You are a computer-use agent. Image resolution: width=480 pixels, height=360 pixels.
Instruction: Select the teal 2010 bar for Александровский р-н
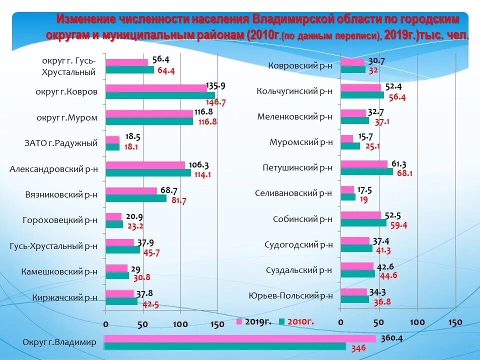click(x=148, y=172)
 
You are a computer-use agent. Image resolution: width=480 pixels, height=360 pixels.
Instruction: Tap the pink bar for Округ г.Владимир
click(x=240, y=338)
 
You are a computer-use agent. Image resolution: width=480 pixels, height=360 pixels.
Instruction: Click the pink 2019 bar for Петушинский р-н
click(x=364, y=164)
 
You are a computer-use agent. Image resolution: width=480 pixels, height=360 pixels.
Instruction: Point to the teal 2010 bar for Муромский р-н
click(x=350, y=146)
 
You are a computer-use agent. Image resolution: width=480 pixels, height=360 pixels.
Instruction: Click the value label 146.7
click(x=217, y=102)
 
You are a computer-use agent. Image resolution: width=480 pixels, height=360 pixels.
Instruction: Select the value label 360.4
click(x=391, y=337)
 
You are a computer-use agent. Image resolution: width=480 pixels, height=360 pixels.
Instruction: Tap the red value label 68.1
click(x=405, y=173)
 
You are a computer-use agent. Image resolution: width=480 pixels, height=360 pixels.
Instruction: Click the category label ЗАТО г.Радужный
click(x=60, y=143)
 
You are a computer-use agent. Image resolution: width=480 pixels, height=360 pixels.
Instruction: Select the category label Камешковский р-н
click(x=59, y=271)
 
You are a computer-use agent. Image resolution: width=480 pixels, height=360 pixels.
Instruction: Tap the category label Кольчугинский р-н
click(x=294, y=91)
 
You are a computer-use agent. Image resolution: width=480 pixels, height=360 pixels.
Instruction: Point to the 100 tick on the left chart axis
click(x=180, y=324)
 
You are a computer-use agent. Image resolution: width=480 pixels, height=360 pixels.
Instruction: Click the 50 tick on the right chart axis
click(x=378, y=322)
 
